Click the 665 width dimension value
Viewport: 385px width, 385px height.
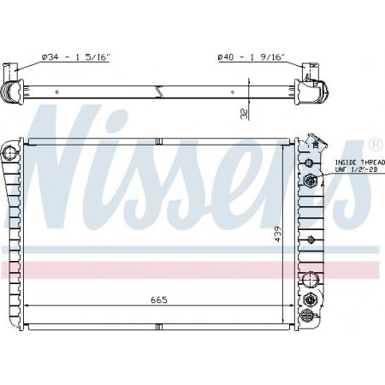(x=159, y=299)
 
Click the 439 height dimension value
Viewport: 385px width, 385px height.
(x=277, y=234)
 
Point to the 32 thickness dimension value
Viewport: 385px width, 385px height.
(x=245, y=114)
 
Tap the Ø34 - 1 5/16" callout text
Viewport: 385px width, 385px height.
(x=75, y=57)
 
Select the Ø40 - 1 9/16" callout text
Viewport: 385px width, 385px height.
(x=252, y=57)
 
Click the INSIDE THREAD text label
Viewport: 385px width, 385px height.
(x=360, y=163)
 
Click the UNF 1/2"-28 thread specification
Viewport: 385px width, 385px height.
(x=356, y=169)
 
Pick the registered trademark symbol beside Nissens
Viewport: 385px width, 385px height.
(x=376, y=145)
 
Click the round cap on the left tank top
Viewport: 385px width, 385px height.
(x=10, y=153)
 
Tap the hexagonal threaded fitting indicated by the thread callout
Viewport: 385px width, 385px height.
(x=310, y=180)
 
